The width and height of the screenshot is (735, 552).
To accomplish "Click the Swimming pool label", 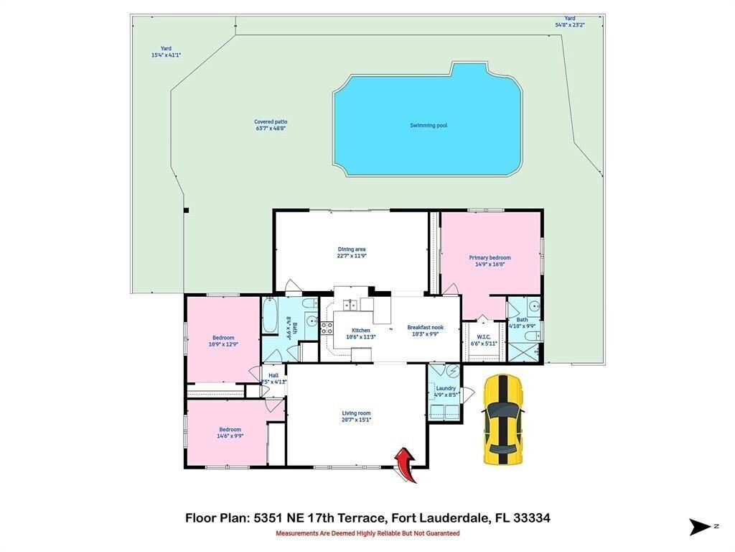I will [429, 125].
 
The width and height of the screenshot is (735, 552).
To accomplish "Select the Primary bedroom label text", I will [490, 260].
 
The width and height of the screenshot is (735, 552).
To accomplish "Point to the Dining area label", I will [352, 252].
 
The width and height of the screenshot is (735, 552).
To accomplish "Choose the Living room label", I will [356, 416].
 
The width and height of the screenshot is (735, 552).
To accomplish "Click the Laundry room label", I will [446, 391].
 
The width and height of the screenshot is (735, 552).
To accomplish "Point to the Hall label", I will [273, 378].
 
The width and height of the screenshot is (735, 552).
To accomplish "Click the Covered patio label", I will [271, 125].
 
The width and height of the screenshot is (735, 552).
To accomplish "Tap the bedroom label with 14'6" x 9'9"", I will [230, 432].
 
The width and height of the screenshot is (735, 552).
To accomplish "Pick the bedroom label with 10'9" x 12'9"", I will [223, 341].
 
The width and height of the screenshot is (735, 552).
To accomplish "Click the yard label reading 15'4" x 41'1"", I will [166, 52].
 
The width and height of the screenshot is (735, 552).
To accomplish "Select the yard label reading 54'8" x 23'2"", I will [570, 22].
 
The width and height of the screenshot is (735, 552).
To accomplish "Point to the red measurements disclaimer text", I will [367, 533].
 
